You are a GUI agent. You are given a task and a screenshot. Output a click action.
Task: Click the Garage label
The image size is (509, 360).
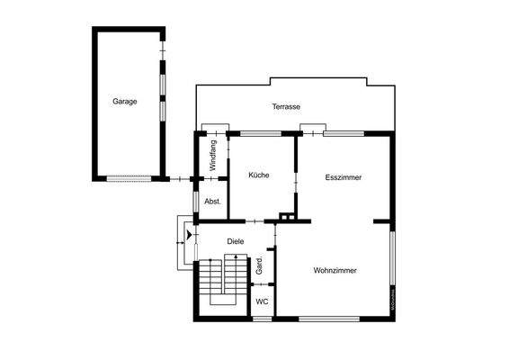pos(125,102)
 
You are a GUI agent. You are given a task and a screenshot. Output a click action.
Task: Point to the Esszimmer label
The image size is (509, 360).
pos(344,177)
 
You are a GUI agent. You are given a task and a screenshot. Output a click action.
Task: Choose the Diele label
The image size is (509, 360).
pos(236,241)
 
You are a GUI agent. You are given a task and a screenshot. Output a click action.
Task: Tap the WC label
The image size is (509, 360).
pos(262,301)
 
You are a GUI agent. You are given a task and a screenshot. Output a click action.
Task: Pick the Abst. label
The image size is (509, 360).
pos(213,201)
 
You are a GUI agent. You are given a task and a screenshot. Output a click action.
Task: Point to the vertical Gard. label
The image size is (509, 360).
pos(259,265)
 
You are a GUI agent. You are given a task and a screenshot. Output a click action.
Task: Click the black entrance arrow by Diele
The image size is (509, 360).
pos(188,236)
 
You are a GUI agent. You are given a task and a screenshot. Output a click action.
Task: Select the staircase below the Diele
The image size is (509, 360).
pos(224,280)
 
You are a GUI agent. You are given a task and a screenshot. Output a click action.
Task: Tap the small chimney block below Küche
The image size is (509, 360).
pos(286,217)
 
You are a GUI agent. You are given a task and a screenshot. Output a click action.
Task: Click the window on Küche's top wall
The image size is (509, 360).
pos(261,134)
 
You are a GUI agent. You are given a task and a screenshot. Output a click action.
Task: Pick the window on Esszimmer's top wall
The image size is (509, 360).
pos(344,134)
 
